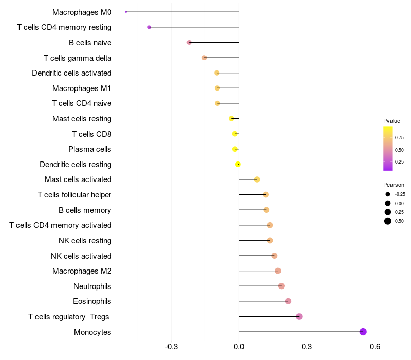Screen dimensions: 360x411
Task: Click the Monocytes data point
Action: click(x=363, y=332)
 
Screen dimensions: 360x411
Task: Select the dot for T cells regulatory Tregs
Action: click(x=299, y=316)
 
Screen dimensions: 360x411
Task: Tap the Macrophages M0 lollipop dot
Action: click(x=126, y=12)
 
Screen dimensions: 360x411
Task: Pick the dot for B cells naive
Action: click(x=189, y=42)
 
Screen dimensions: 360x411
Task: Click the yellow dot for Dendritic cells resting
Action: click(x=238, y=164)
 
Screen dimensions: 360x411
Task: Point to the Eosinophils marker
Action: click(x=288, y=301)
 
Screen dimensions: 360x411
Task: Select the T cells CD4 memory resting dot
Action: click(x=150, y=27)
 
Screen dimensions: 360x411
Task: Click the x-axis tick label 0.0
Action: click(x=239, y=347)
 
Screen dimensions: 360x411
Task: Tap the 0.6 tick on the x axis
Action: click(x=375, y=347)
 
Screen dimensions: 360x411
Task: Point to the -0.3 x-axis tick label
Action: click(x=171, y=347)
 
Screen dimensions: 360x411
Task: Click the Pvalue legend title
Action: click(x=391, y=121)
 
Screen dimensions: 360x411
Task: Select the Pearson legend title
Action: click(x=394, y=185)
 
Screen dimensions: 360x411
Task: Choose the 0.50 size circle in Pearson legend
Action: click(x=387, y=221)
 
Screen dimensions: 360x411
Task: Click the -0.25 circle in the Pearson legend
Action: click(x=387, y=194)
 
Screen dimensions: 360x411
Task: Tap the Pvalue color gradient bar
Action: click(x=388, y=148)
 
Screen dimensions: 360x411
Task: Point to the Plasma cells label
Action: click(x=90, y=149)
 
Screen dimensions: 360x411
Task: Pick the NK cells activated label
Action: click(x=81, y=256)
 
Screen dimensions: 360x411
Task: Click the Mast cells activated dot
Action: click(x=257, y=179)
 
